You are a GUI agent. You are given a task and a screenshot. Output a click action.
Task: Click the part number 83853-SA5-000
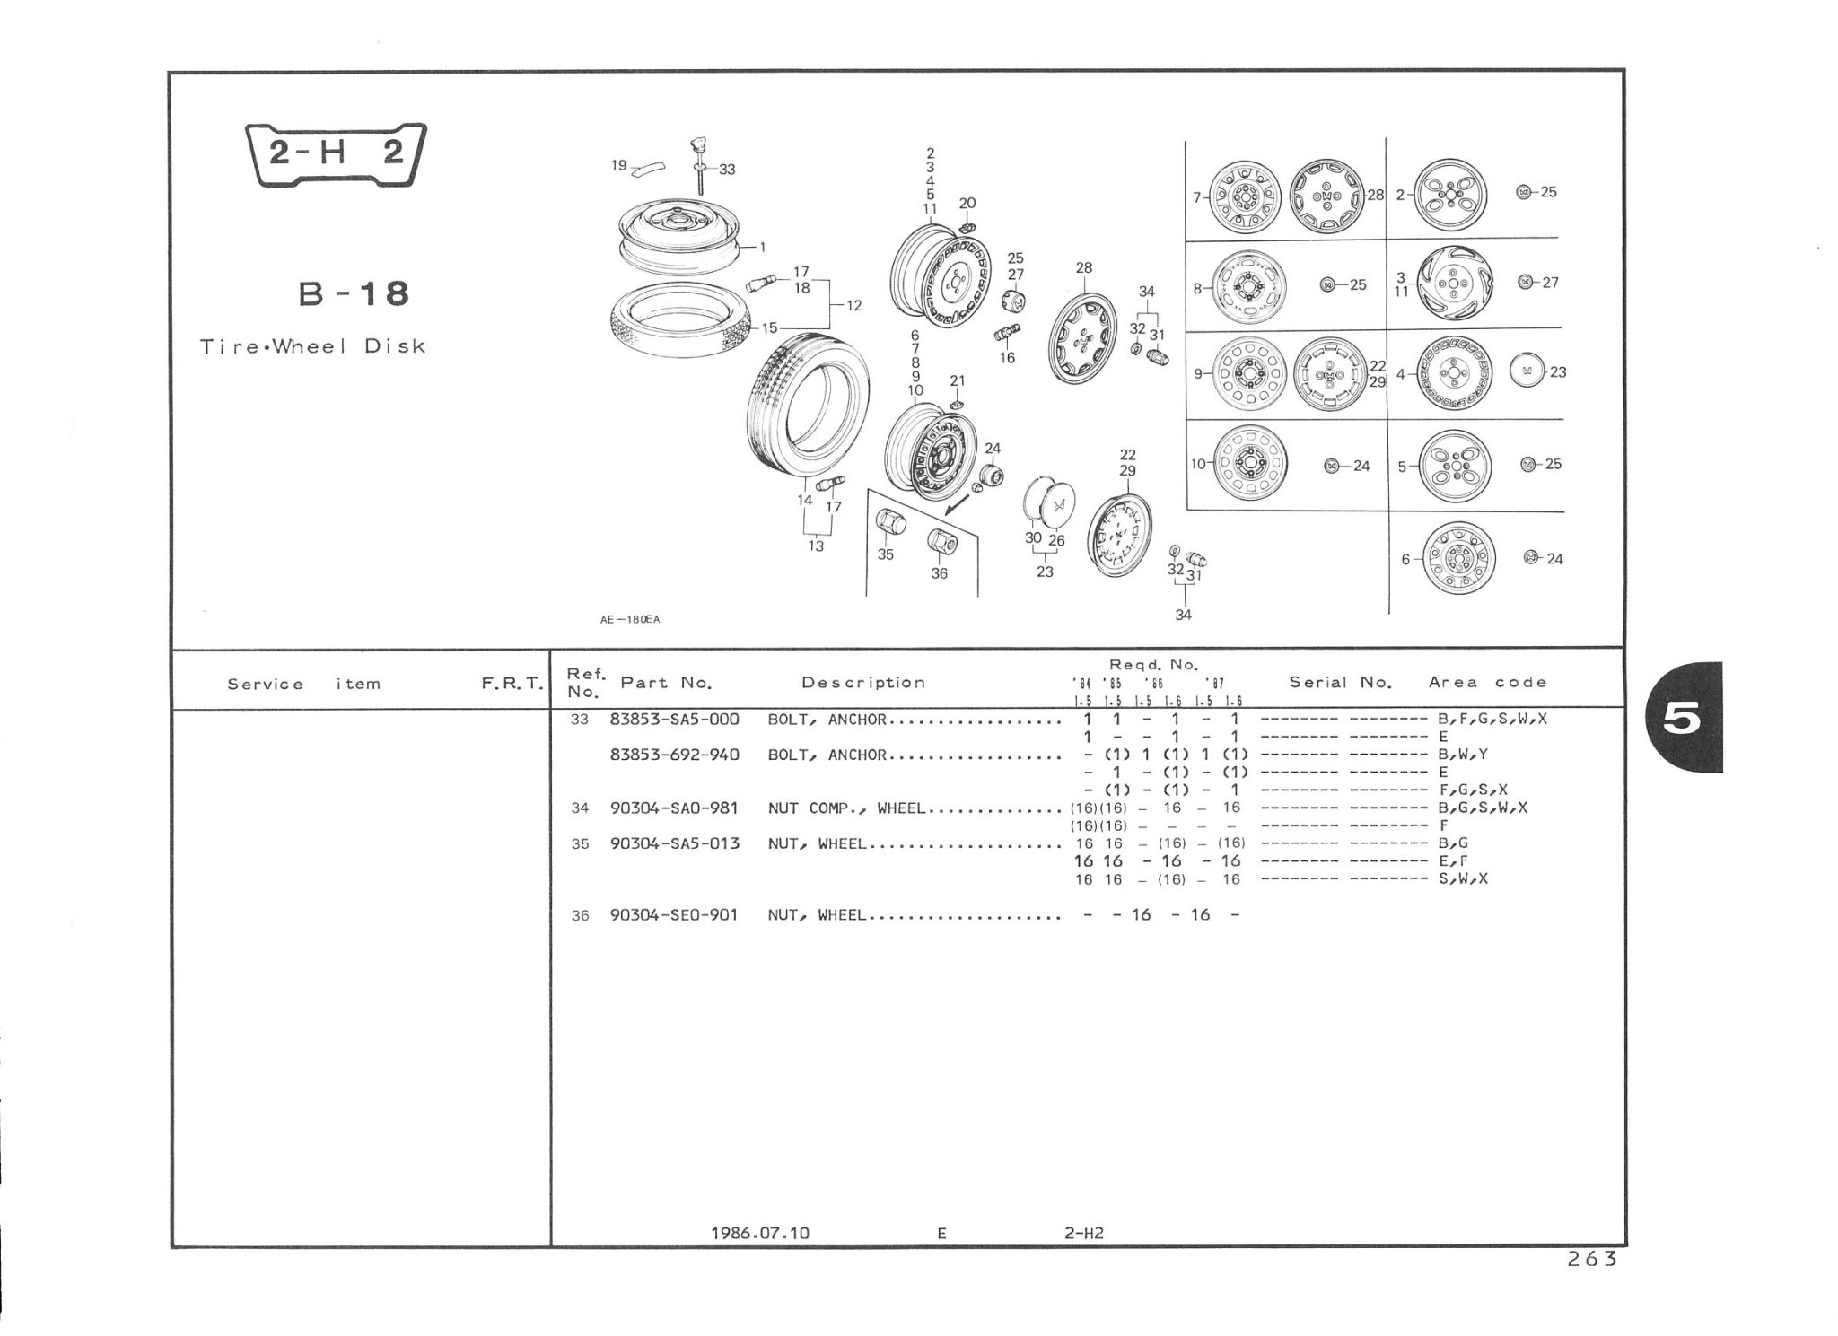[x=674, y=720]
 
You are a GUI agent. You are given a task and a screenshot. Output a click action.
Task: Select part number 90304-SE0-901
[x=674, y=915]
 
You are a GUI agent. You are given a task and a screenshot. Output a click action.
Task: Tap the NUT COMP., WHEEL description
[x=846, y=808]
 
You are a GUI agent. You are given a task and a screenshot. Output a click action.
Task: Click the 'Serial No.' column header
[x=1340, y=682]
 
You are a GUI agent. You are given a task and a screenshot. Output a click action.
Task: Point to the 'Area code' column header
[x=1488, y=682]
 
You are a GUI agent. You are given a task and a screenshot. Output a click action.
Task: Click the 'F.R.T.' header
[x=512, y=684]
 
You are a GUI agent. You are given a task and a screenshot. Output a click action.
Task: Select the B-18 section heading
[x=354, y=293]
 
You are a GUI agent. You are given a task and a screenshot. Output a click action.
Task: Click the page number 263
[x=1592, y=1259]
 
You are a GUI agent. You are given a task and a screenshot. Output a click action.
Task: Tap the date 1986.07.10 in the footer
[x=759, y=1233]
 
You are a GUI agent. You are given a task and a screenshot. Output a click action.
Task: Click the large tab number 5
[x=1682, y=719]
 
